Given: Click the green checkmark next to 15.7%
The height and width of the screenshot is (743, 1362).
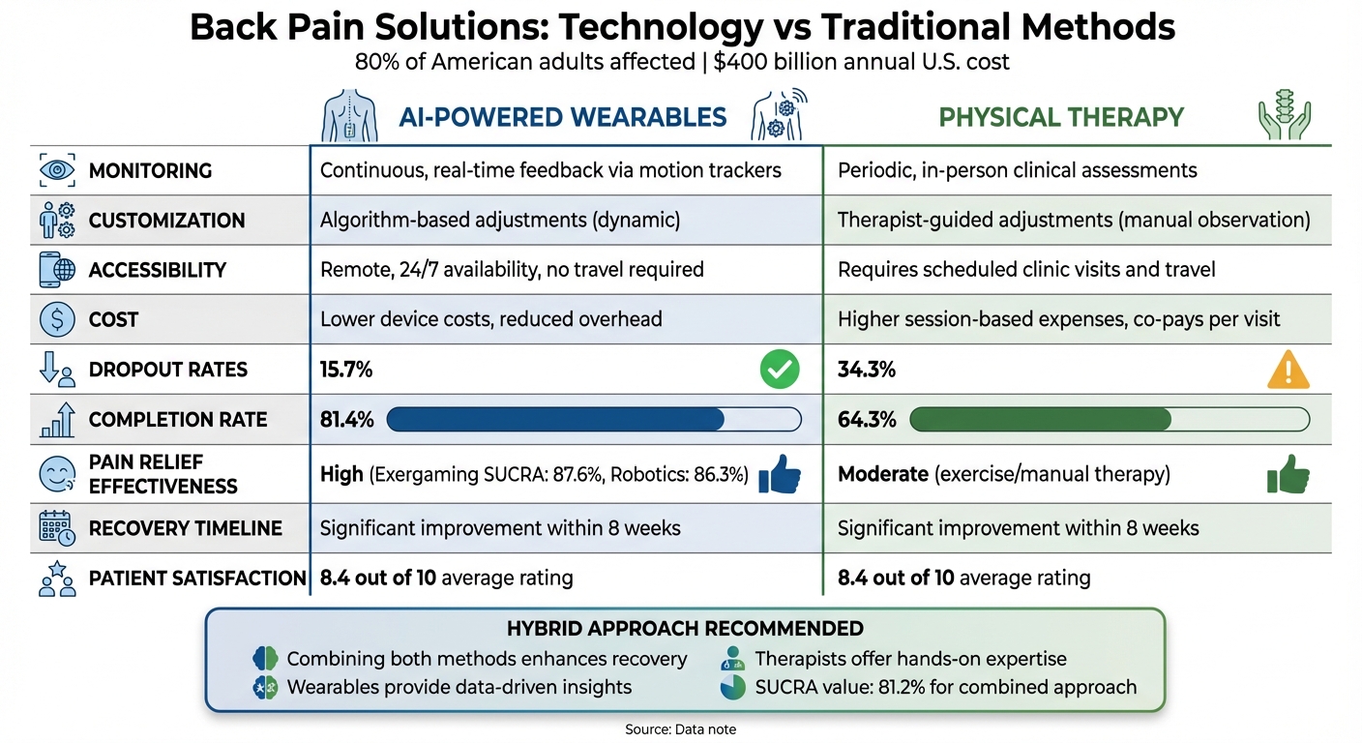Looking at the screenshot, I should click(x=780, y=370).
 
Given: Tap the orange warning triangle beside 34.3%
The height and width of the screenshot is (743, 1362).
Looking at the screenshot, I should click(x=1288, y=370).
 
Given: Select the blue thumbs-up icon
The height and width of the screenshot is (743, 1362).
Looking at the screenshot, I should click(x=779, y=475).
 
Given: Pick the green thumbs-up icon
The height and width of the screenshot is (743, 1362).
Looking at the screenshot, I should click(x=1288, y=475).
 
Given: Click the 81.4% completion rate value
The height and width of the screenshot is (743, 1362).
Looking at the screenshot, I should click(x=346, y=420).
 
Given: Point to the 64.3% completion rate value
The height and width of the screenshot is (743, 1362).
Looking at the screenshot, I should click(x=866, y=420).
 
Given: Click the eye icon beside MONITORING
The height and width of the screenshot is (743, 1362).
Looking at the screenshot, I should click(x=57, y=171).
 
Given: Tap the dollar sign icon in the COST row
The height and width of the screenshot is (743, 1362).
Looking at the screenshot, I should click(x=57, y=319).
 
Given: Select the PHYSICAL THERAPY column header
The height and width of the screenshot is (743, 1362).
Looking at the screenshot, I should click(x=1061, y=118).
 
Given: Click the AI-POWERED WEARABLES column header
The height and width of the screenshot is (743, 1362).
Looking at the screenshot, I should click(x=562, y=118).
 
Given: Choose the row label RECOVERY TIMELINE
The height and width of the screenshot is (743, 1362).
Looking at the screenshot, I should click(x=185, y=528).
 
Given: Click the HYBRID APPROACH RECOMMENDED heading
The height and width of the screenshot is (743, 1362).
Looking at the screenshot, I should click(x=685, y=629).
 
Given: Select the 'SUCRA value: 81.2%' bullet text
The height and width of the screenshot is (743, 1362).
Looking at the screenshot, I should click(x=945, y=687).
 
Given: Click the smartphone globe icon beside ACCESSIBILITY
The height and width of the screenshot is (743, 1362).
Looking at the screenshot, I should click(x=57, y=270).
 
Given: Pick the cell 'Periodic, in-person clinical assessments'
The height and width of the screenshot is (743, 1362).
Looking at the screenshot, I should click(x=1017, y=171).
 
